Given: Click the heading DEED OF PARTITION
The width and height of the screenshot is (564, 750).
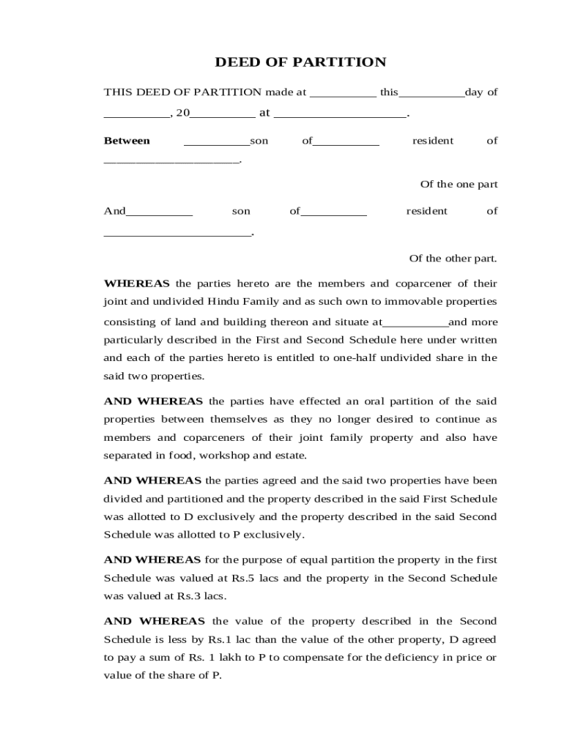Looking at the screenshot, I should [300, 62].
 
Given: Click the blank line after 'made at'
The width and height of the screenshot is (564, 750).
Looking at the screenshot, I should [343, 94].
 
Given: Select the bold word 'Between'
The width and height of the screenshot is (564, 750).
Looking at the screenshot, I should [127, 141].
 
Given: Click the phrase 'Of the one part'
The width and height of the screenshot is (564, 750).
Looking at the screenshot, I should [459, 185].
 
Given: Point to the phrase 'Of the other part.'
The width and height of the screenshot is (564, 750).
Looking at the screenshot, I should [453, 258].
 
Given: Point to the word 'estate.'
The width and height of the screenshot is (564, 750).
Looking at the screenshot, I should [289, 456].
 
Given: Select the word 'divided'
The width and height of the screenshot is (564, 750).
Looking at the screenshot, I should [122, 499].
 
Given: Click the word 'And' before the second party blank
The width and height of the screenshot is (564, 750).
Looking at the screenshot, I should [115, 211].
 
